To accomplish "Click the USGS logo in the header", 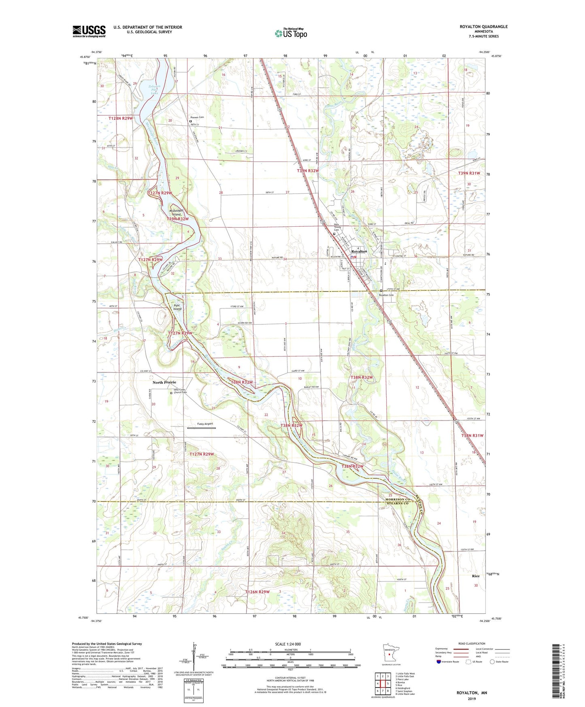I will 89,31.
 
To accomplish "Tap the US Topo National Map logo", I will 291,33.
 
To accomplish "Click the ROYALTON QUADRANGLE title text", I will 483,27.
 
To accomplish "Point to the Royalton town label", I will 359,251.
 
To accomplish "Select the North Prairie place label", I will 164,382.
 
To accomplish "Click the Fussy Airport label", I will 205,424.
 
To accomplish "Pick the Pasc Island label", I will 177,307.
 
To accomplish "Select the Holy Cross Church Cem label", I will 180,391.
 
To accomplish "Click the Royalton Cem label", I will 386,295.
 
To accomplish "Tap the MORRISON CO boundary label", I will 398,499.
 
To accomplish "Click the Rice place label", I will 475,576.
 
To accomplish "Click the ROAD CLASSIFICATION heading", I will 472,643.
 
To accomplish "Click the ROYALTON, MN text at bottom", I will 472,693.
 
